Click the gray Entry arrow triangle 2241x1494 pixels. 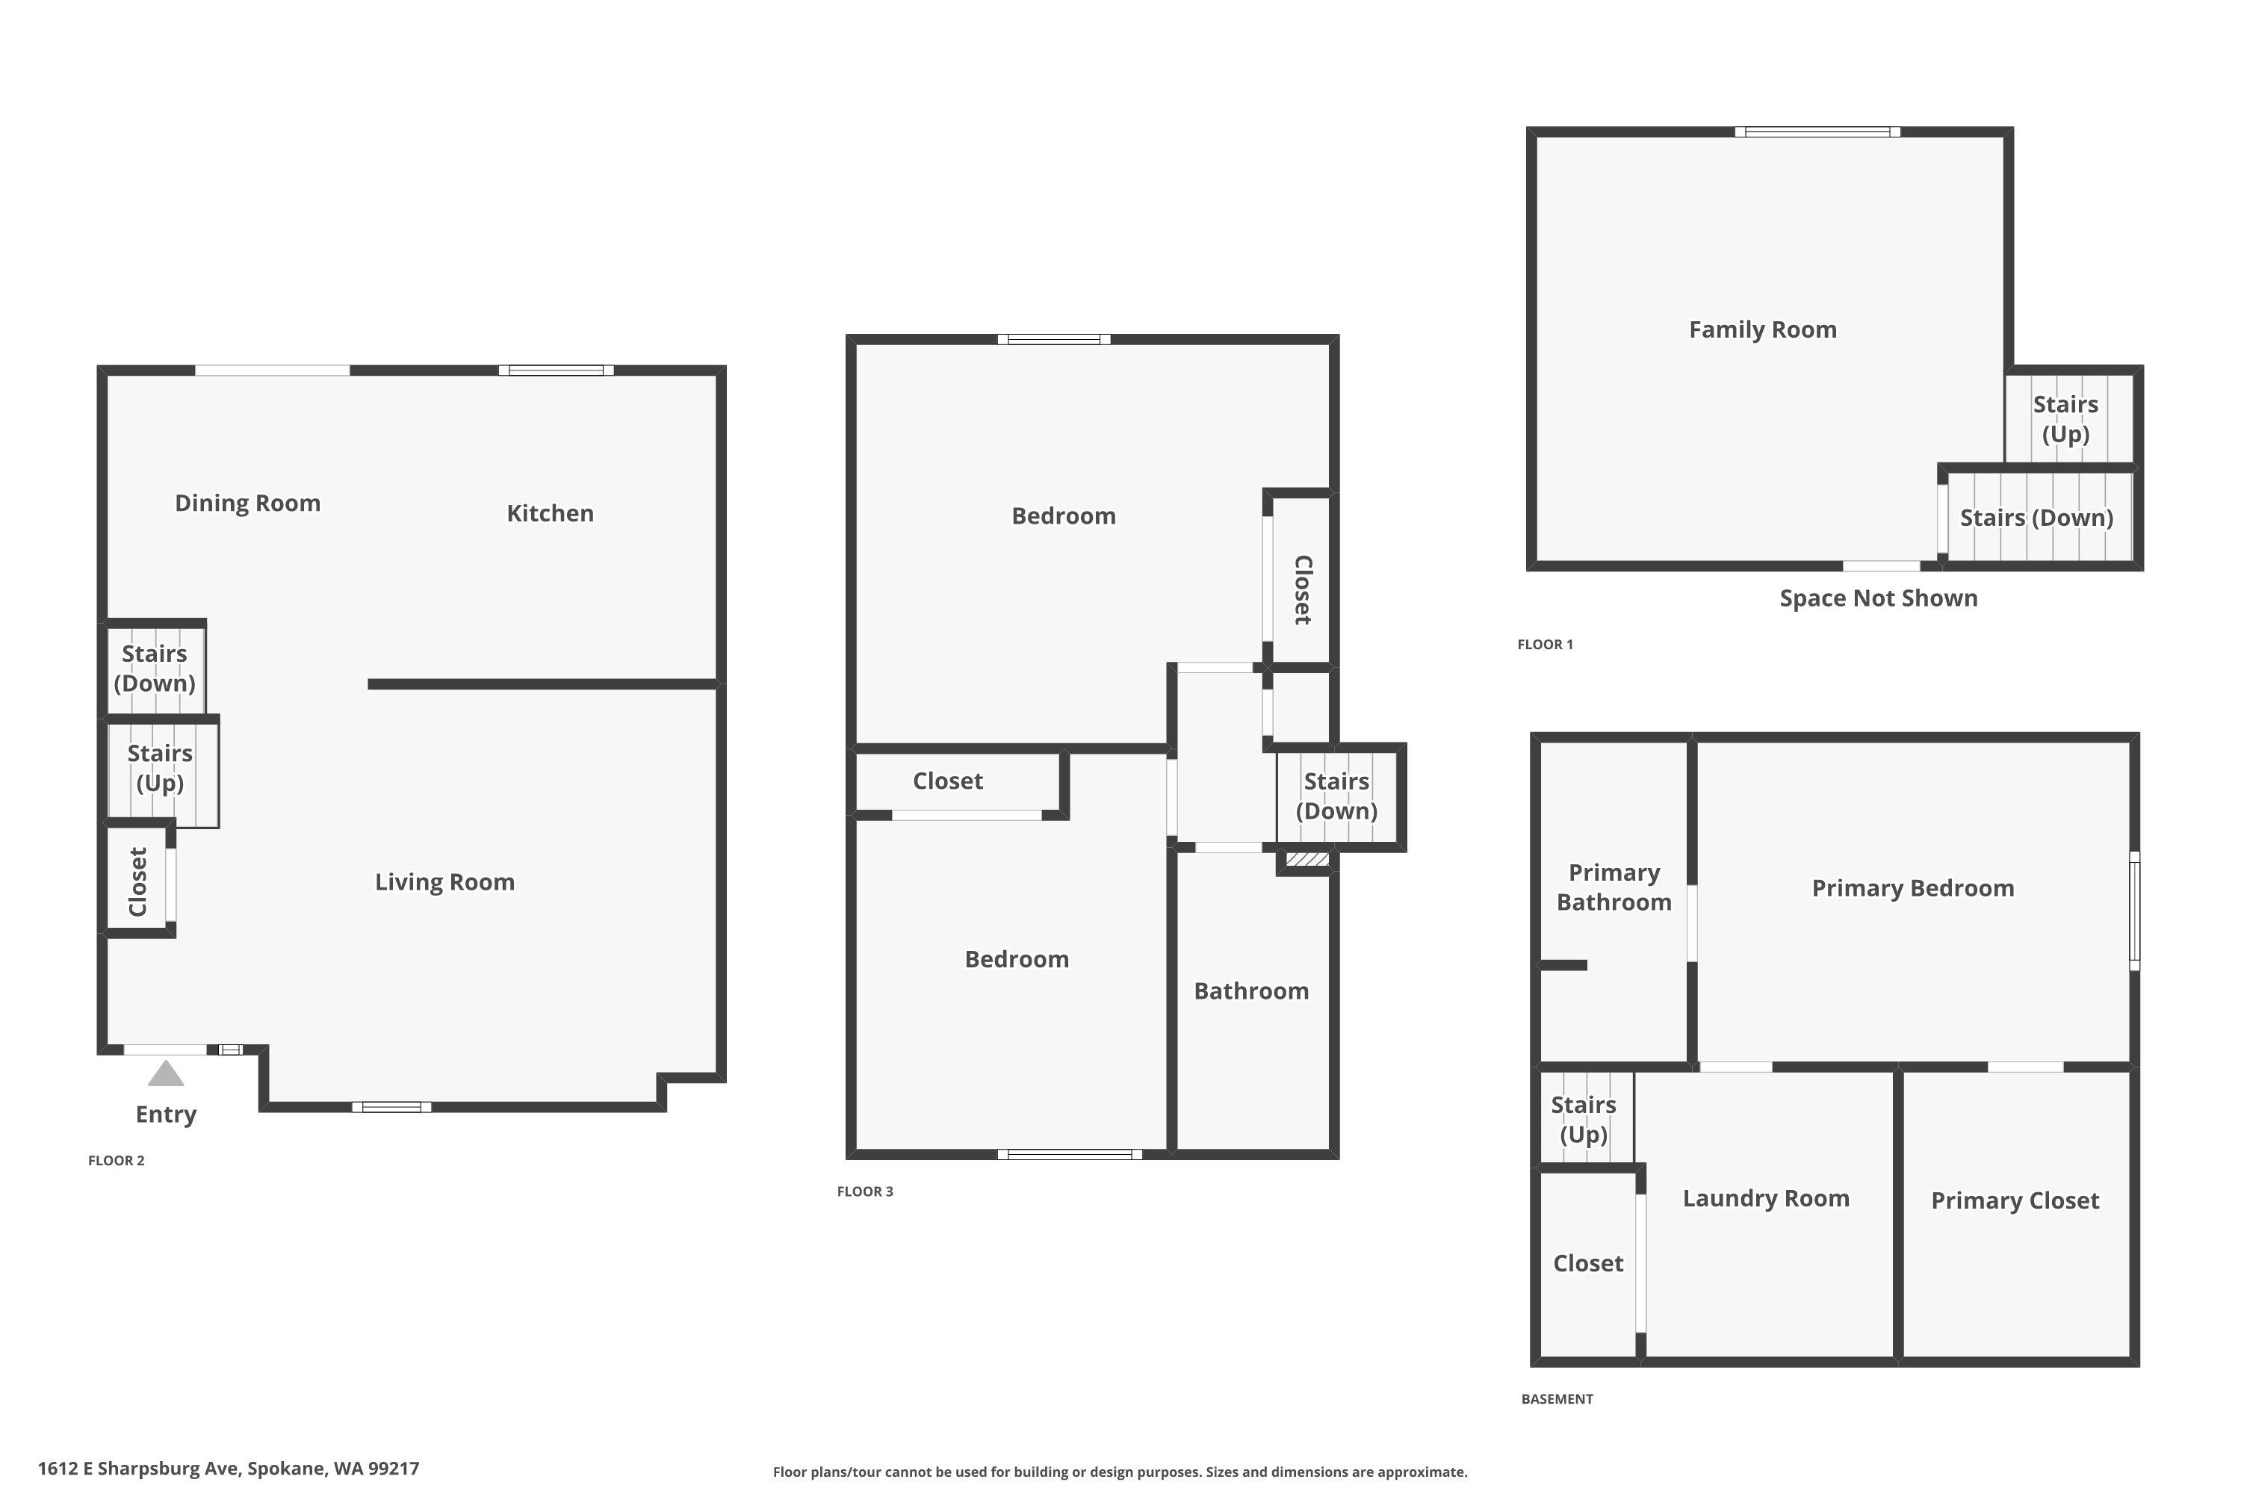tap(166, 1074)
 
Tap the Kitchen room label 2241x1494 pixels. tap(550, 514)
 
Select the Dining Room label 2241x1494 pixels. tap(248, 503)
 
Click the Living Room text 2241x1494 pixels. tap(444, 882)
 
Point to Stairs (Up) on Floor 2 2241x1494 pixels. tap(160, 768)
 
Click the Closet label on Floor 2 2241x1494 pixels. tap(138, 881)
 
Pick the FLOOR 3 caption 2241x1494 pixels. tap(865, 1191)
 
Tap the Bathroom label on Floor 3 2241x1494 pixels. tap(1251, 991)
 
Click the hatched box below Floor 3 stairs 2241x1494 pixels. tap(1307, 860)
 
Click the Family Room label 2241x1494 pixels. tap(1763, 329)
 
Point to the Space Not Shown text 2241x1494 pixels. tap(1878, 598)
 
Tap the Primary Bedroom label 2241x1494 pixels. tap(1912, 888)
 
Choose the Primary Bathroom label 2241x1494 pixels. tap(1614, 887)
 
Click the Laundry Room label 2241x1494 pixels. tap(1766, 1199)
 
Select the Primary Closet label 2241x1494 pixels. tap(2014, 1200)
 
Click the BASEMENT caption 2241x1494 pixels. tap(1557, 1398)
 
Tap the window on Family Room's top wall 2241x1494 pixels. tap(1817, 132)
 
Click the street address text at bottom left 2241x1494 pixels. tap(229, 1469)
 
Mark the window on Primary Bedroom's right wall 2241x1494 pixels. tap(2134, 911)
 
